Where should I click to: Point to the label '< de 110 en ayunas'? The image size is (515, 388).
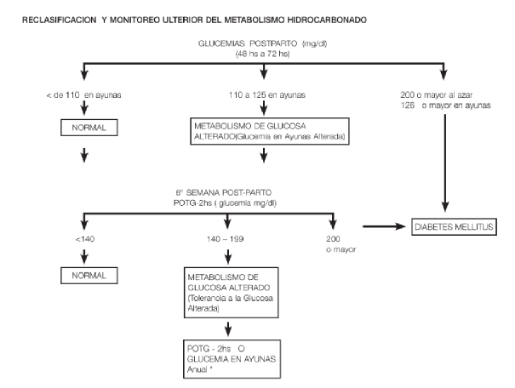tap(83, 95)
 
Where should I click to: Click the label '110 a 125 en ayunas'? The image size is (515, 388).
tap(267, 95)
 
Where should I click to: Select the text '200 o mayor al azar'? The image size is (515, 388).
tap(436, 95)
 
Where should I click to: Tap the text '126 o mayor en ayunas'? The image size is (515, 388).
tap(446, 106)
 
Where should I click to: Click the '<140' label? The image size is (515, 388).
tap(85, 239)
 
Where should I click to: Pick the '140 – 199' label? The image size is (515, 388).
tap(226, 239)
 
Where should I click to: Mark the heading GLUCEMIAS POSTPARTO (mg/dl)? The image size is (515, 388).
tap(262, 43)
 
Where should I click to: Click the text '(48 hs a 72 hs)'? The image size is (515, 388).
tap(262, 54)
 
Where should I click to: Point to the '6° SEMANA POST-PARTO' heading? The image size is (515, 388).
tap(224, 192)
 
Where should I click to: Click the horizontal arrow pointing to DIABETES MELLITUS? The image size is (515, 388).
tap(384, 226)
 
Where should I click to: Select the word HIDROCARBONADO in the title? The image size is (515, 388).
tap(327, 20)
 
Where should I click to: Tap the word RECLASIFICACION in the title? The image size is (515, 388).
tap(59, 20)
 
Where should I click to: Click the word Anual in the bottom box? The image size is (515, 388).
tap(197, 369)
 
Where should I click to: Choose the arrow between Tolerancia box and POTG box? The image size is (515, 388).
tap(228, 329)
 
